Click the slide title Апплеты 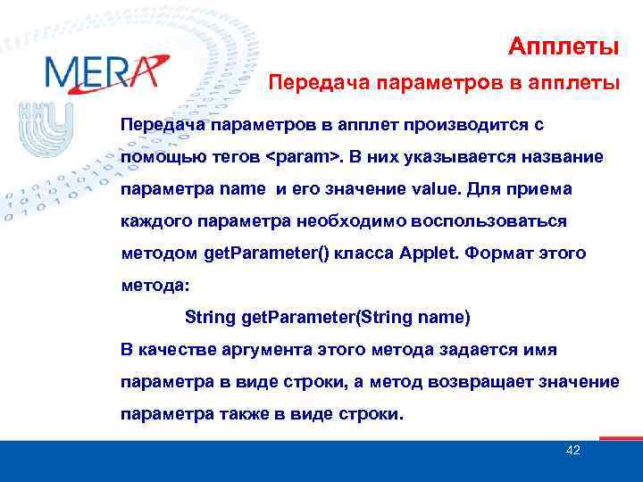coord(564,45)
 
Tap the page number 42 coord(573,450)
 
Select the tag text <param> coord(303,157)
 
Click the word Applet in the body coord(428,253)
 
